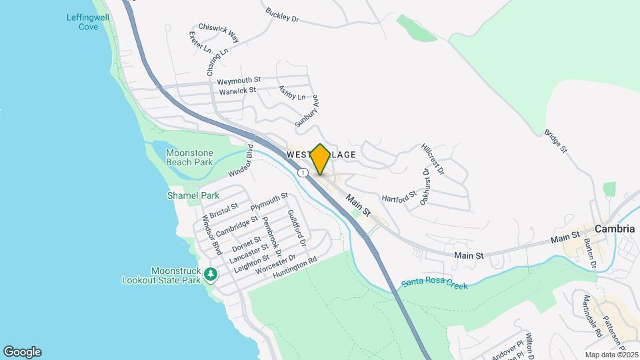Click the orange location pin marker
320,159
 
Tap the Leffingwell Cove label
83,22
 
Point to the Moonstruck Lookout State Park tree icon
211,273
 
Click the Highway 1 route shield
303,173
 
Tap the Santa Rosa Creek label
434,285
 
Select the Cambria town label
613,229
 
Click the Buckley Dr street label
282,15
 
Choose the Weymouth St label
239,80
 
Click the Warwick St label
237,90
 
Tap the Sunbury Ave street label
307,110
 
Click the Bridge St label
555,141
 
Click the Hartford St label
399,197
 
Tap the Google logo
22,352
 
